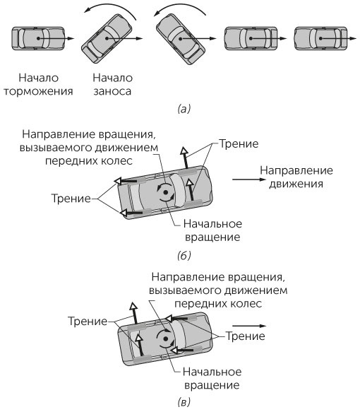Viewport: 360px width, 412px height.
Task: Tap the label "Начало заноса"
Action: pyautogui.click(x=108, y=84)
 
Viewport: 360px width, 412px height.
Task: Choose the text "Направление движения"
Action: pyautogui.click(x=292, y=177)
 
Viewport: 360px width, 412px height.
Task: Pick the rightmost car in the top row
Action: pyautogui.click(x=318, y=40)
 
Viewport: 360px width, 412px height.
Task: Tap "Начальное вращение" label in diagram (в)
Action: pyautogui.click(x=212, y=379)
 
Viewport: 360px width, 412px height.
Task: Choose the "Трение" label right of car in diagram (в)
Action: pyautogui.click(x=245, y=336)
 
